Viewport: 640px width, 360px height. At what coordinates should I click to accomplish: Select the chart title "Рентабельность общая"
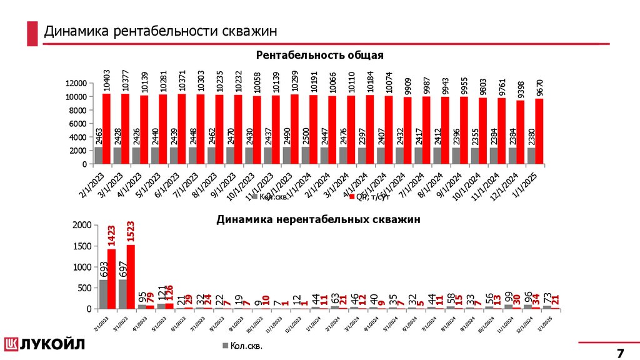click(x=319, y=56)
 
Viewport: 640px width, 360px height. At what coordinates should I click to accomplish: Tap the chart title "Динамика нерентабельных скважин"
click(x=319, y=219)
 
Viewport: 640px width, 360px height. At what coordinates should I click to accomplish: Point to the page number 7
click(x=620, y=351)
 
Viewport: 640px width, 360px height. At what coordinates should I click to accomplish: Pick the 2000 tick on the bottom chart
click(x=81, y=225)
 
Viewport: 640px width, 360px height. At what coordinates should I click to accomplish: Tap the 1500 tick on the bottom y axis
click(x=81, y=246)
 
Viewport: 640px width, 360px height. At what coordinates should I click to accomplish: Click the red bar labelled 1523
click(x=131, y=277)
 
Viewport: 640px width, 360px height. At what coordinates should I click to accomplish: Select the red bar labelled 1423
click(x=111, y=279)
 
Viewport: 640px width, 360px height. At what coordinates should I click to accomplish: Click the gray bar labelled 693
click(x=103, y=294)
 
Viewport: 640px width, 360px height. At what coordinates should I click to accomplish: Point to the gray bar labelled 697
click(x=122, y=294)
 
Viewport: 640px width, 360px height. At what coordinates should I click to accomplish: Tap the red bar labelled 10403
click(x=106, y=129)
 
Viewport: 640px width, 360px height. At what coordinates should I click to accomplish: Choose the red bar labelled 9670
click(x=539, y=131)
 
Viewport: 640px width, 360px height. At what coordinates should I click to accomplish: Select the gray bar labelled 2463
click(x=99, y=156)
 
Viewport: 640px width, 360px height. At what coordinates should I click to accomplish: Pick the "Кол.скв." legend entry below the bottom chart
click(x=242, y=346)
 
